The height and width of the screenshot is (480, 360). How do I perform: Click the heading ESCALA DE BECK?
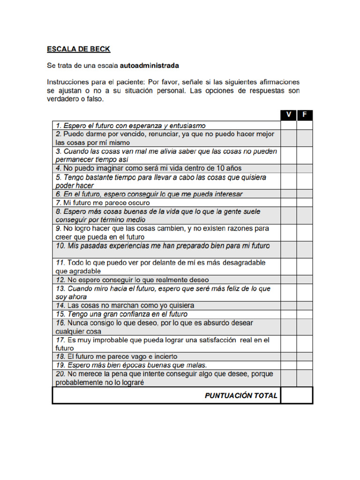point(79,48)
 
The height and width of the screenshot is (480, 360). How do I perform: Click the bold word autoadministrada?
point(150,65)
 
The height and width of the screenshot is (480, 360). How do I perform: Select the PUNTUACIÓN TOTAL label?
point(241,396)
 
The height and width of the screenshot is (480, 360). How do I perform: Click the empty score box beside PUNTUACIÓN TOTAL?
point(296,396)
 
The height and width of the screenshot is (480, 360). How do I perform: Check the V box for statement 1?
point(288,125)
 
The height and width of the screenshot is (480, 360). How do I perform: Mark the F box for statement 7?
point(305,202)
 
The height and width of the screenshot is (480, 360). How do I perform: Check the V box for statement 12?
point(288,280)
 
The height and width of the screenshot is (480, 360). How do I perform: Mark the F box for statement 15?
point(305,314)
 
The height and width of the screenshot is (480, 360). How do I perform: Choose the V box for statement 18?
point(288,357)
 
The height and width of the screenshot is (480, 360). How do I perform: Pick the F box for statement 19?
point(305,365)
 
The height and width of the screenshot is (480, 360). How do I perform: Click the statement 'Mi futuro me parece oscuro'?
point(103,203)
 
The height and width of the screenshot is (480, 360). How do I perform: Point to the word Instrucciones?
point(68,82)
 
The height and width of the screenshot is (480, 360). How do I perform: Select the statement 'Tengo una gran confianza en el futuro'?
point(121,314)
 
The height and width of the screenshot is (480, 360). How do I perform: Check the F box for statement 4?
point(305,168)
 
